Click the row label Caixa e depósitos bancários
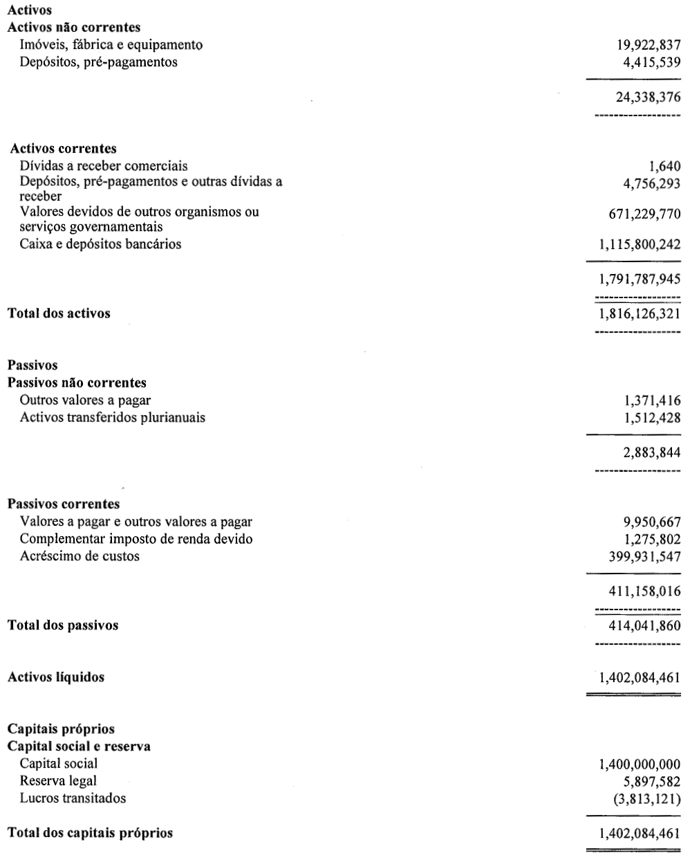coord(101,244)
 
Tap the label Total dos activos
coord(59,313)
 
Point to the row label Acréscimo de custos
coord(80,556)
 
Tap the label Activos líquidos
coord(56,677)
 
